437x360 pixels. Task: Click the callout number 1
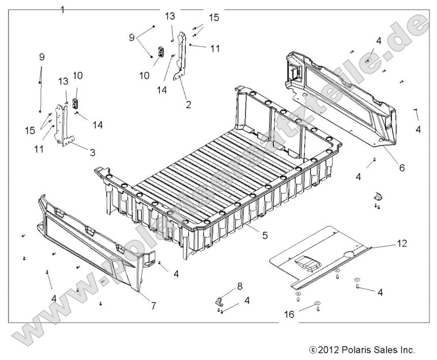tap(63, 9)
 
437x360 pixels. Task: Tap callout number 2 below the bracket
tap(188, 105)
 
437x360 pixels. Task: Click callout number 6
tap(401, 168)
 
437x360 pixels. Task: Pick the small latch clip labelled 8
tap(217, 300)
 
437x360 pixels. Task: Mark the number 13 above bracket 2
tap(169, 17)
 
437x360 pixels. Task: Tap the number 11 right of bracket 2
tap(215, 49)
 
